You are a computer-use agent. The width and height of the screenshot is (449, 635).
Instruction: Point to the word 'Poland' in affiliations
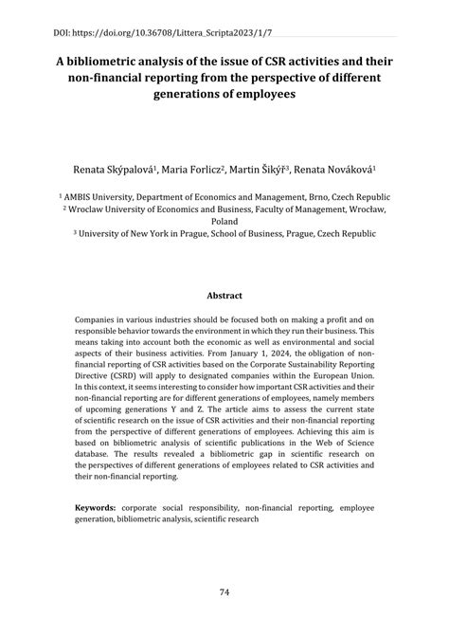coord(224,221)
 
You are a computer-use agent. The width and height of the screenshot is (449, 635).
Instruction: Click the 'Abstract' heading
coord(224,295)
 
